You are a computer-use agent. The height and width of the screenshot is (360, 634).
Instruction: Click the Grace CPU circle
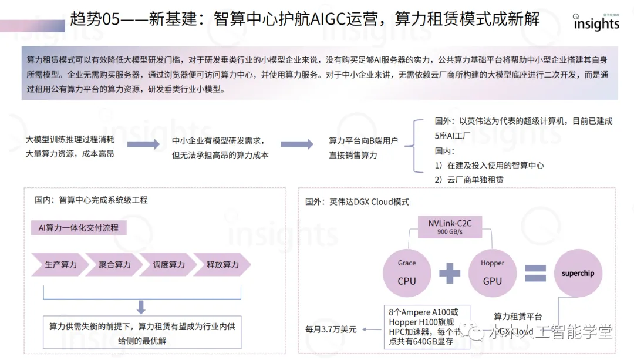[x=407, y=273]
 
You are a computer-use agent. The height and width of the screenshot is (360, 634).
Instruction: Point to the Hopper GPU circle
[x=493, y=273]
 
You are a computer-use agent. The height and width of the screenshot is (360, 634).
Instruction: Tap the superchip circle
[x=578, y=274]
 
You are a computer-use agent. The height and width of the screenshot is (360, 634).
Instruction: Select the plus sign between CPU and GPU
[x=450, y=274]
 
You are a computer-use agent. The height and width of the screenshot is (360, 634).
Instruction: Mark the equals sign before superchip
[x=535, y=274]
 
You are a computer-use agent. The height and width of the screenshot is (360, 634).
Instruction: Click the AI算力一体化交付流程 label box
[x=79, y=227]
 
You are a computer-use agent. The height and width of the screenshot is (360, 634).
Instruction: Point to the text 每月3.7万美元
[x=331, y=329]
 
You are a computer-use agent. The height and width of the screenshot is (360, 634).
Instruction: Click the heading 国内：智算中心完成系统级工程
[x=91, y=200]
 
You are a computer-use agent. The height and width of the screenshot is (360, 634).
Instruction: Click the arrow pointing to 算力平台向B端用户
[x=296, y=145]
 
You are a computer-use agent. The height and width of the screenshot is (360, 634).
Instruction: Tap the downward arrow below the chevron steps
[x=141, y=307]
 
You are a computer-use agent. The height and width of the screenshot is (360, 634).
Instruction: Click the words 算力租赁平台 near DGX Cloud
[x=518, y=317]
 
